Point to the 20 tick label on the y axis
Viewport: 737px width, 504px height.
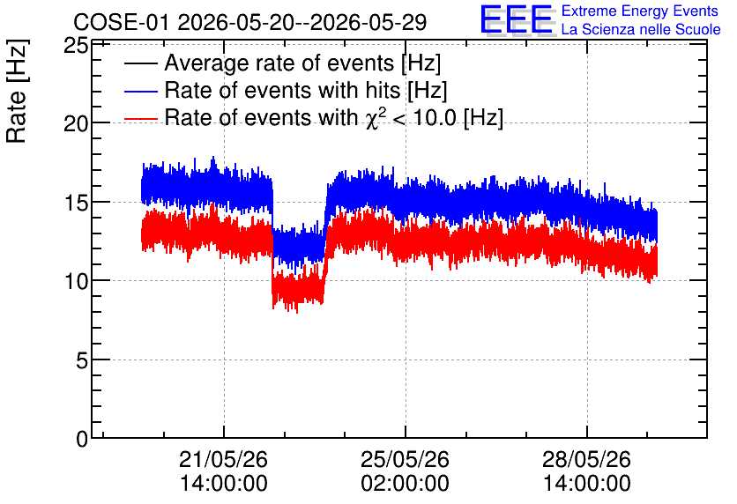point(75,124)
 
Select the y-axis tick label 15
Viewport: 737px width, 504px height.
point(75,203)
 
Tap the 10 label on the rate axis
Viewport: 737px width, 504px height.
point(75,281)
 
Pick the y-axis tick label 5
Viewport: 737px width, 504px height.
point(82,360)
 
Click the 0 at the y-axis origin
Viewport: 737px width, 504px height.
point(82,439)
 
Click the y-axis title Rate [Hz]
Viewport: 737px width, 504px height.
point(17,91)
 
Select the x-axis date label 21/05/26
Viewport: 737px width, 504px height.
point(223,459)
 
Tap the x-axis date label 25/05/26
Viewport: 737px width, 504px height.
point(405,459)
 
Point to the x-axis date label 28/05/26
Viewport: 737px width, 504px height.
point(586,459)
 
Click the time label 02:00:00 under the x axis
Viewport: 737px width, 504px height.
point(405,483)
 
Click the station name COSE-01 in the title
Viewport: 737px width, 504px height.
point(121,22)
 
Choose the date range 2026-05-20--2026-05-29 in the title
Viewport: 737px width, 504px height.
point(301,22)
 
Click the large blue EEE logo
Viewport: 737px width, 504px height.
point(517,19)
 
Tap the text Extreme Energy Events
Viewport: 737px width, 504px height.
point(640,11)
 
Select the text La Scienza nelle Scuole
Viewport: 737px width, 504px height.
point(641,29)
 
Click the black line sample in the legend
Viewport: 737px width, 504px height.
point(140,63)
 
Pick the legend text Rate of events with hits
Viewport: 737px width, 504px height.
point(282,90)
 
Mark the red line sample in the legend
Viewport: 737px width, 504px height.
point(140,118)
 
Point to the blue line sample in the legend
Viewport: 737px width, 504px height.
point(140,91)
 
